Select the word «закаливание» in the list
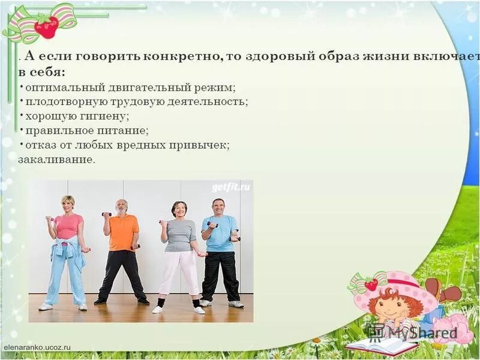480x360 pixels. (56, 160)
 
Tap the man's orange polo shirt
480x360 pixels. (124, 232)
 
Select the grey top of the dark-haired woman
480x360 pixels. (180, 234)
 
